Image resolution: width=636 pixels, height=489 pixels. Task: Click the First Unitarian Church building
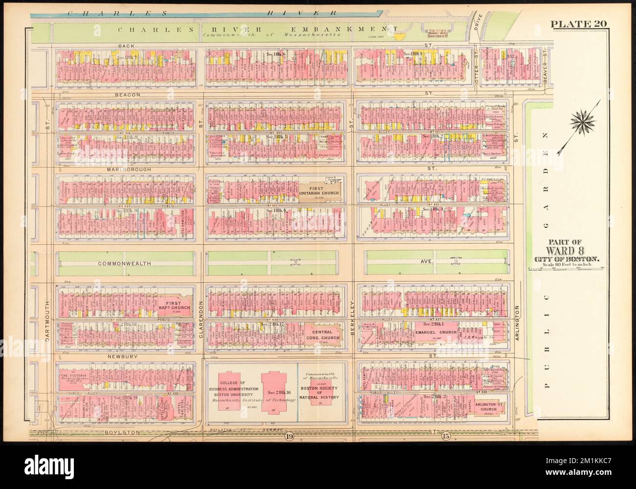click(x=318, y=190)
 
